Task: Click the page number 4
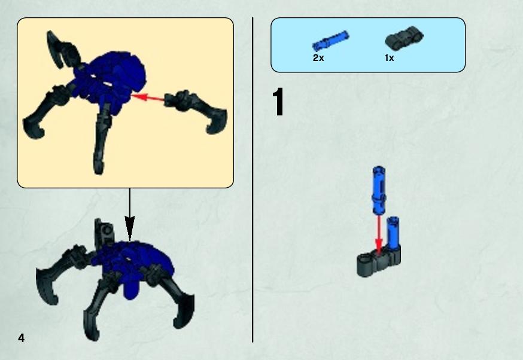(x=22, y=338)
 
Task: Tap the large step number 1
(x=278, y=102)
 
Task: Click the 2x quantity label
(x=318, y=58)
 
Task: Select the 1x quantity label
(x=389, y=58)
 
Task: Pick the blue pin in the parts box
(x=330, y=41)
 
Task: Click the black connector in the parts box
(x=405, y=36)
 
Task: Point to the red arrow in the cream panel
(x=148, y=97)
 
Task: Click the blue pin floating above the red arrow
(x=379, y=190)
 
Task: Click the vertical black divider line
(x=253, y=180)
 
